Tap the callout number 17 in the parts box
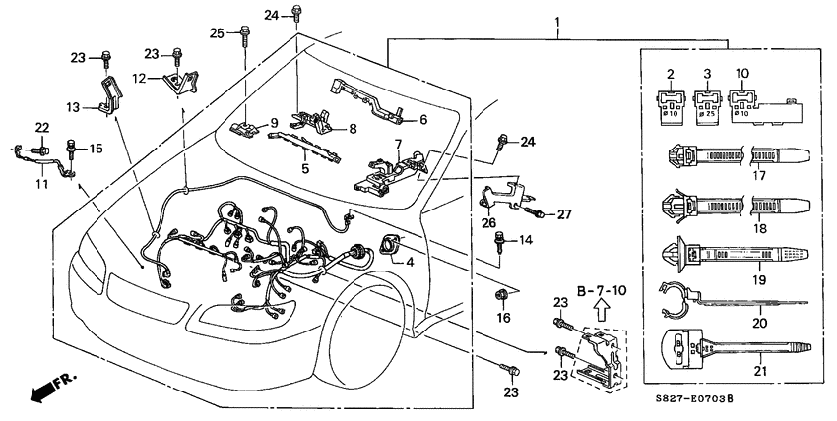[x=758, y=177]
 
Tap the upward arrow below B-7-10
[x=598, y=317]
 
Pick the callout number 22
[x=42, y=128]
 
